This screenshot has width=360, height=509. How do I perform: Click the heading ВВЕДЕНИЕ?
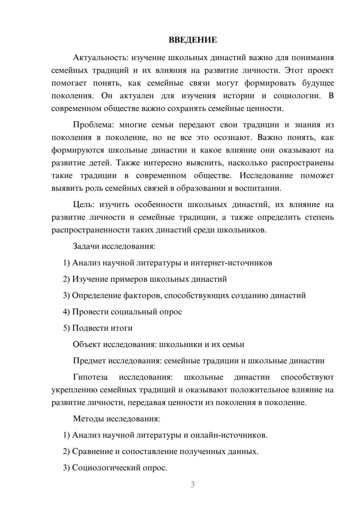pyautogui.click(x=193, y=40)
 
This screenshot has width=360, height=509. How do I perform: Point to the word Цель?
pyautogui.click(x=84, y=204)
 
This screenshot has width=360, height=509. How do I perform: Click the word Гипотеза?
pyautogui.click(x=90, y=377)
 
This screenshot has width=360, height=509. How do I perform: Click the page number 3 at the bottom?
pyautogui.click(x=193, y=485)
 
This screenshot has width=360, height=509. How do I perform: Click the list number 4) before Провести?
pyautogui.click(x=66, y=312)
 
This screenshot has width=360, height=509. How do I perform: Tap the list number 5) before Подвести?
pyautogui.click(x=66, y=328)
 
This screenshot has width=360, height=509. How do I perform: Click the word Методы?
pyautogui.click(x=86, y=419)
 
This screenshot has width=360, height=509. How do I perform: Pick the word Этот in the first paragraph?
pyautogui.click(x=294, y=70)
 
